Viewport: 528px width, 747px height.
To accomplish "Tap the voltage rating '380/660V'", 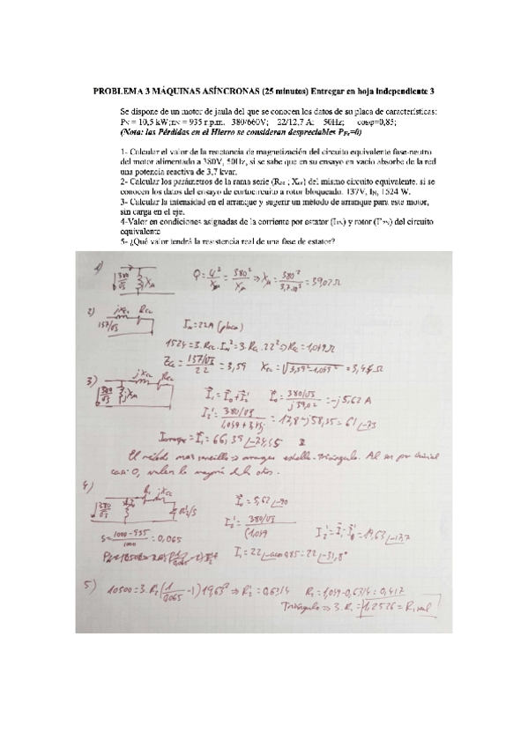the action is click(x=236, y=121).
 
